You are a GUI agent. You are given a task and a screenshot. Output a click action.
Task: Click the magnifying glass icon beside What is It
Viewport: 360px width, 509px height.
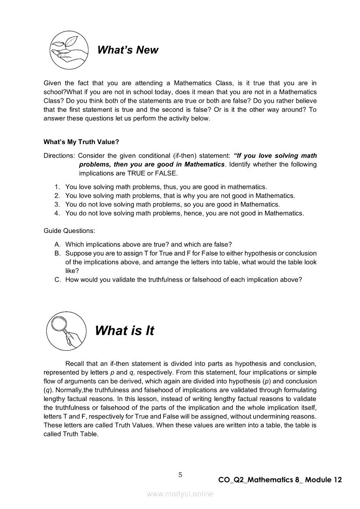coord(66,331)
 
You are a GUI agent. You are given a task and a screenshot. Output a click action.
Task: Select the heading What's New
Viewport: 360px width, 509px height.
coord(128,50)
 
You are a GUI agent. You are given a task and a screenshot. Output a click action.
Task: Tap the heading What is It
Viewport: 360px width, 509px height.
coord(124,331)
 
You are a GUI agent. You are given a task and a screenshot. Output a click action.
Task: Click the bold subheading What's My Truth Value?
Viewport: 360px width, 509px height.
coord(82,142)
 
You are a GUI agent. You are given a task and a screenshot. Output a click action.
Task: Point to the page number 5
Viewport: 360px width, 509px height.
coord(180,475)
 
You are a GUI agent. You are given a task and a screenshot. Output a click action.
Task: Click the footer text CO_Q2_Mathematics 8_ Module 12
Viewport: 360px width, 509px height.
coord(280,480)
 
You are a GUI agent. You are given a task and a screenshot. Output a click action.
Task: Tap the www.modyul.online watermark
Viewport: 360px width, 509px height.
coord(180,494)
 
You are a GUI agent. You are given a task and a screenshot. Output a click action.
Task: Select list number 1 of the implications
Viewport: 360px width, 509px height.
coord(57,187)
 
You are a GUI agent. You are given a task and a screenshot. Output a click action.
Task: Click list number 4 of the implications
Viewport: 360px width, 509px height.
coord(57,213)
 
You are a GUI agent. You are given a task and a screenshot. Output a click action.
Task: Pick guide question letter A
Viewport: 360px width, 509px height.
coord(57,244)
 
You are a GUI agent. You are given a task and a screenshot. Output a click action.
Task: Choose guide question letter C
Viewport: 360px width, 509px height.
coord(57,280)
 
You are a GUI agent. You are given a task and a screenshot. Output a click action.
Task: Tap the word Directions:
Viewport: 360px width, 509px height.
coord(59,155)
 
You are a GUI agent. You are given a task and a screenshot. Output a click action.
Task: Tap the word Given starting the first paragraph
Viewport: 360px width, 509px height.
coord(52,83)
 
